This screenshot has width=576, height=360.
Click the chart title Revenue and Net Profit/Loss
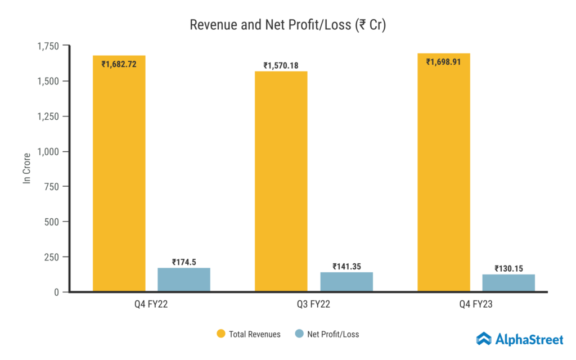point(287,25)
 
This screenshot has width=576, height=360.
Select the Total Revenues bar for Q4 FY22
point(119,180)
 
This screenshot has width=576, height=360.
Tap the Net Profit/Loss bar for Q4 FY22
point(184,280)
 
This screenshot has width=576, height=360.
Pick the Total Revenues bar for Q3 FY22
point(281,186)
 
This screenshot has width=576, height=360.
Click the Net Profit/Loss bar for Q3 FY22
point(346,282)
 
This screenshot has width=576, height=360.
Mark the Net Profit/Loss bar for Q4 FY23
point(508,283)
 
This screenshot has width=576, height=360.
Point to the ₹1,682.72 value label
point(119,64)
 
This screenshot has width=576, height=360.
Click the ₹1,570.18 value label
point(281,66)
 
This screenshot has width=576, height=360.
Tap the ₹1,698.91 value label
point(443,62)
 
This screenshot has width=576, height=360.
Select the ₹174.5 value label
point(184,262)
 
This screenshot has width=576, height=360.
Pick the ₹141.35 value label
point(346,267)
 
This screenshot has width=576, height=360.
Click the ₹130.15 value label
point(508,269)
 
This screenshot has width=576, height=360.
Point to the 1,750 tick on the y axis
point(49,46)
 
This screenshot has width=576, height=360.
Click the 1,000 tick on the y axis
point(49,151)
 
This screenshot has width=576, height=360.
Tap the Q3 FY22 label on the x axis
point(314,305)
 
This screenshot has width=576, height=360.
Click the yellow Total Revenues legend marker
point(221,334)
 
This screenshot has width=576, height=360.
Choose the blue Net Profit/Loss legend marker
point(299,334)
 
